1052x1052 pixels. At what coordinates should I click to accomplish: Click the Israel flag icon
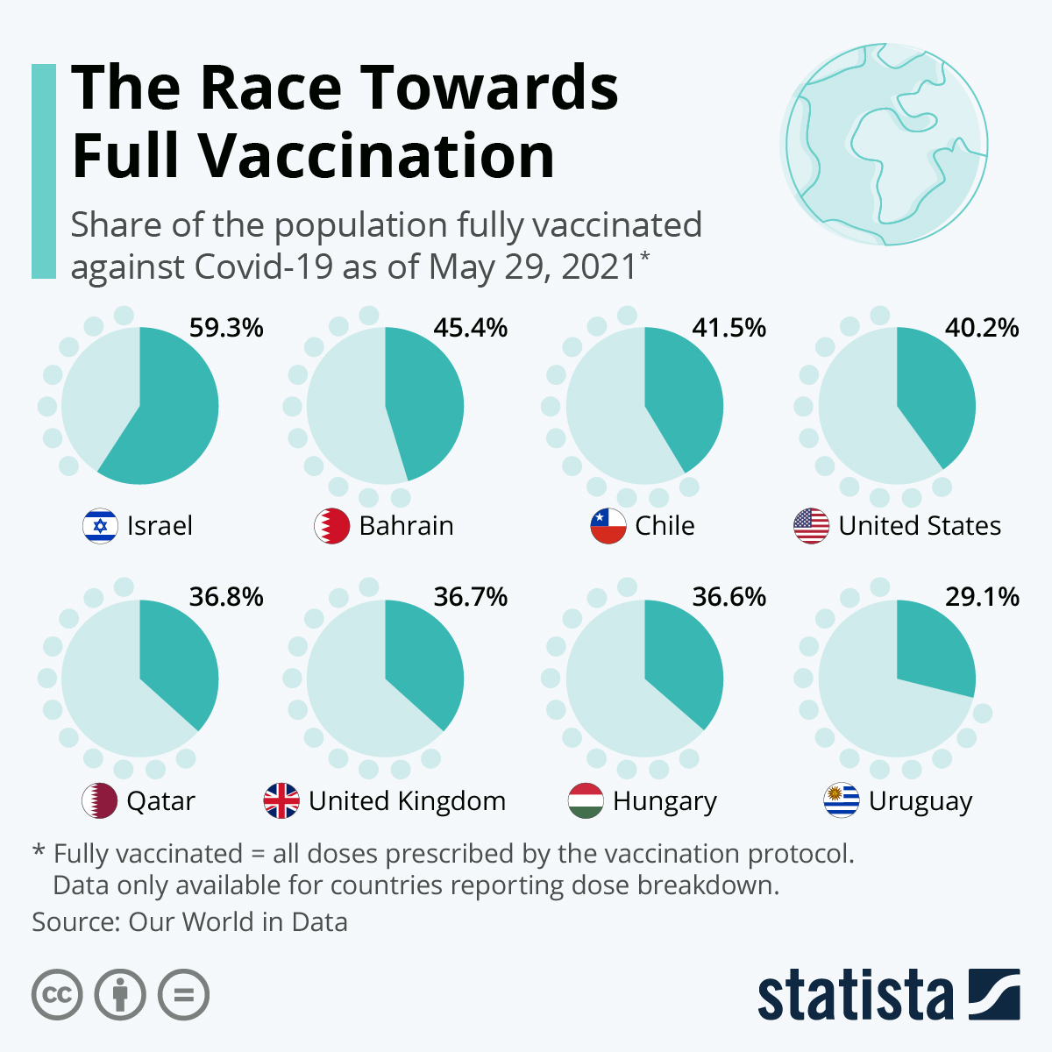pos(100,526)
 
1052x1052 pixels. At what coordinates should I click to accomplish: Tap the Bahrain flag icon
pos(331,526)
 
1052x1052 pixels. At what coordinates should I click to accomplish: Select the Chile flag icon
pos(608,526)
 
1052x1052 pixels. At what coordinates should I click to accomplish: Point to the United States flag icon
pos(811,526)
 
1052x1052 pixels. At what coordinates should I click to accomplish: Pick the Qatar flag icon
pos(99,800)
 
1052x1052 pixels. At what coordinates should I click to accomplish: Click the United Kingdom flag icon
pos(281,800)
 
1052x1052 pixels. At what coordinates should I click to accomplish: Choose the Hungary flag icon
pos(586,800)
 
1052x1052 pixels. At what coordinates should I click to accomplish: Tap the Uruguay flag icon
pos(842,800)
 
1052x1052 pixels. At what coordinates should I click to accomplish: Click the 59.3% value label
pos(226,328)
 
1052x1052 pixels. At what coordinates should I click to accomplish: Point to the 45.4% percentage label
pos(471,328)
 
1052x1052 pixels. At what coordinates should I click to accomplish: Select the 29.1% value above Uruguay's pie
pos(982,597)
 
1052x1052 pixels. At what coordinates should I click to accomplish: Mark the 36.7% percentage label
pos(471,597)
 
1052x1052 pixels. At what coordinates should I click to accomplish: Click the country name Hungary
pos(665,801)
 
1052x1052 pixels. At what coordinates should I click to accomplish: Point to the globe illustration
pos(885,145)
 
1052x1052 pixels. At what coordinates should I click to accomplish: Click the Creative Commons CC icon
pos(57,995)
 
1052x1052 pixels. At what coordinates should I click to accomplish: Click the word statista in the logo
pos(855,995)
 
